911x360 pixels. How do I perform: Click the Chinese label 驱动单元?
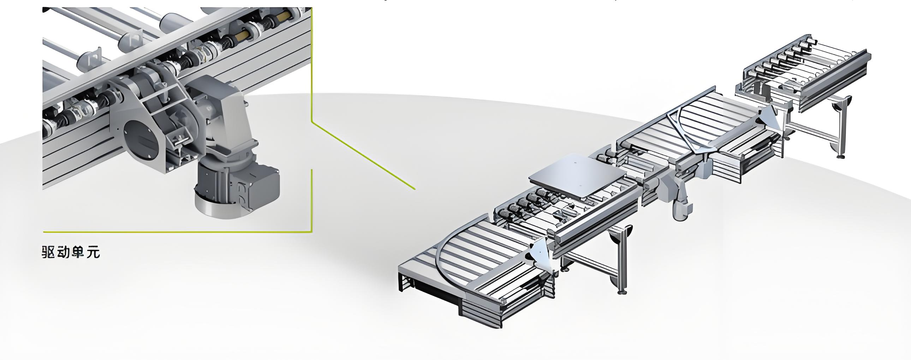[x=71, y=252]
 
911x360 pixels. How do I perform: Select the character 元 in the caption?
[x=93, y=252]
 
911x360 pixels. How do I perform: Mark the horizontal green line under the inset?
[x=178, y=232]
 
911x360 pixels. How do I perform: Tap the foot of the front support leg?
[x=623, y=292]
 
